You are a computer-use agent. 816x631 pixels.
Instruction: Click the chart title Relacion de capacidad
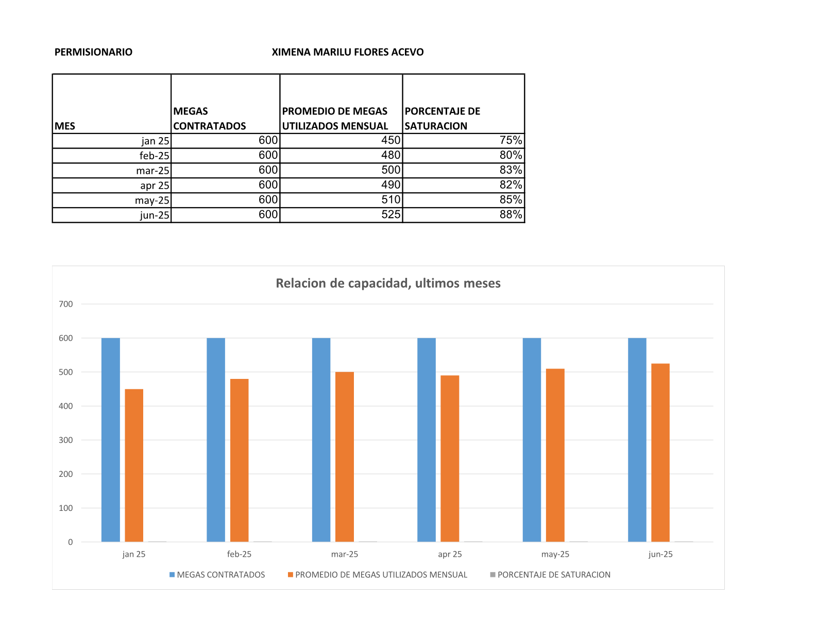[x=388, y=283]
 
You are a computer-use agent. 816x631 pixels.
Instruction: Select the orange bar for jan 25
[x=134, y=465]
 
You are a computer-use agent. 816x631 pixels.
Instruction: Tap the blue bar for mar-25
[x=321, y=439]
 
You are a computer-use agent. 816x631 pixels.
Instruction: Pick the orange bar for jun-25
[x=660, y=452]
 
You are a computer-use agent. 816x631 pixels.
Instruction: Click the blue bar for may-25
[x=532, y=439]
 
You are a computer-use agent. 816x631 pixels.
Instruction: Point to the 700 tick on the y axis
[x=66, y=304]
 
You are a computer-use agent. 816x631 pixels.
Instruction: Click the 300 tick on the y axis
[x=66, y=440]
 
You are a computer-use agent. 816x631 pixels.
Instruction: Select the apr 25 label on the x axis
[x=450, y=554]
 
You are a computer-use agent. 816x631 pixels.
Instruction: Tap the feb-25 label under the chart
[x=239, y=554]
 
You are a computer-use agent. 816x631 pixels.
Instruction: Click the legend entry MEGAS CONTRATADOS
[x=220, y=575]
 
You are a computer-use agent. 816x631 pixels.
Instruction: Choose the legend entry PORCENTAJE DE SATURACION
[x=554, y=575]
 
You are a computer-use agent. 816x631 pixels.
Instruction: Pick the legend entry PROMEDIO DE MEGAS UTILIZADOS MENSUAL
[x=381, y=575]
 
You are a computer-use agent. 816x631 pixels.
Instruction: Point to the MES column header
[x=65, y=126]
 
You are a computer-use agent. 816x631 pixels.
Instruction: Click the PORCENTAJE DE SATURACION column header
[x=442, y=119]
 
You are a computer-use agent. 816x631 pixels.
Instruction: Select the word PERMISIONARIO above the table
[x=93, y=52]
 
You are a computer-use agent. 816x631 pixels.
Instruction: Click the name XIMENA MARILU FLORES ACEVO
[x=348, y=52]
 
